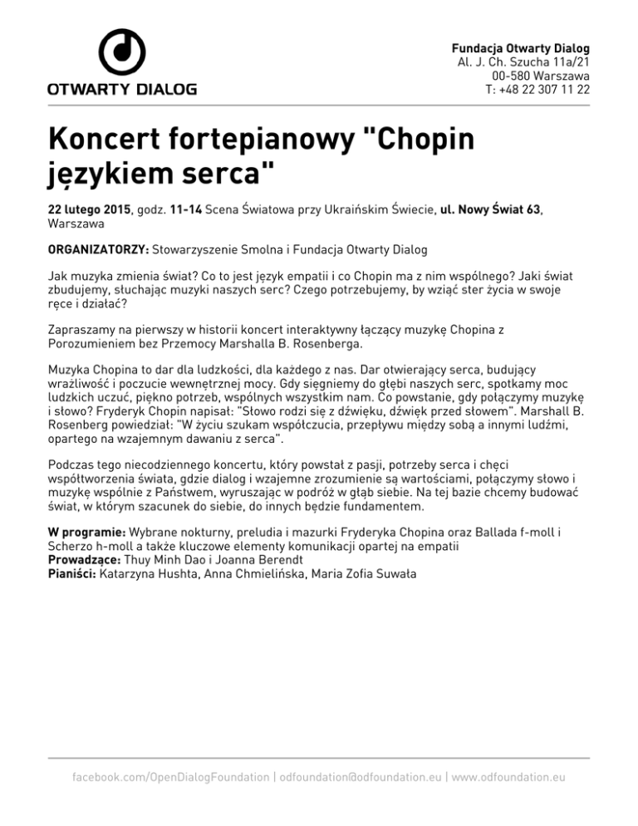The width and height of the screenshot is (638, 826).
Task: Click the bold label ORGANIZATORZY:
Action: (x=96, y=248)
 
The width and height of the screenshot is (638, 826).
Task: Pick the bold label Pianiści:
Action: (x=71, y=573)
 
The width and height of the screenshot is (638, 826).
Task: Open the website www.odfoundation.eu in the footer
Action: (x=508, y=776)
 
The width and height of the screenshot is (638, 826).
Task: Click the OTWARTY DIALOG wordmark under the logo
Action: (x=121, y=87)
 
